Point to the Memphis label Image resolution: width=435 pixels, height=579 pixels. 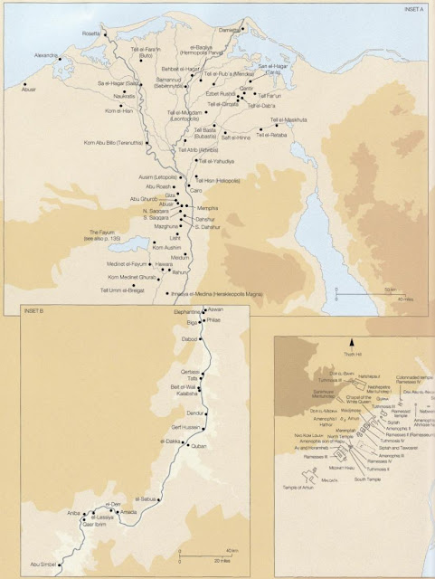[210, 209]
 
